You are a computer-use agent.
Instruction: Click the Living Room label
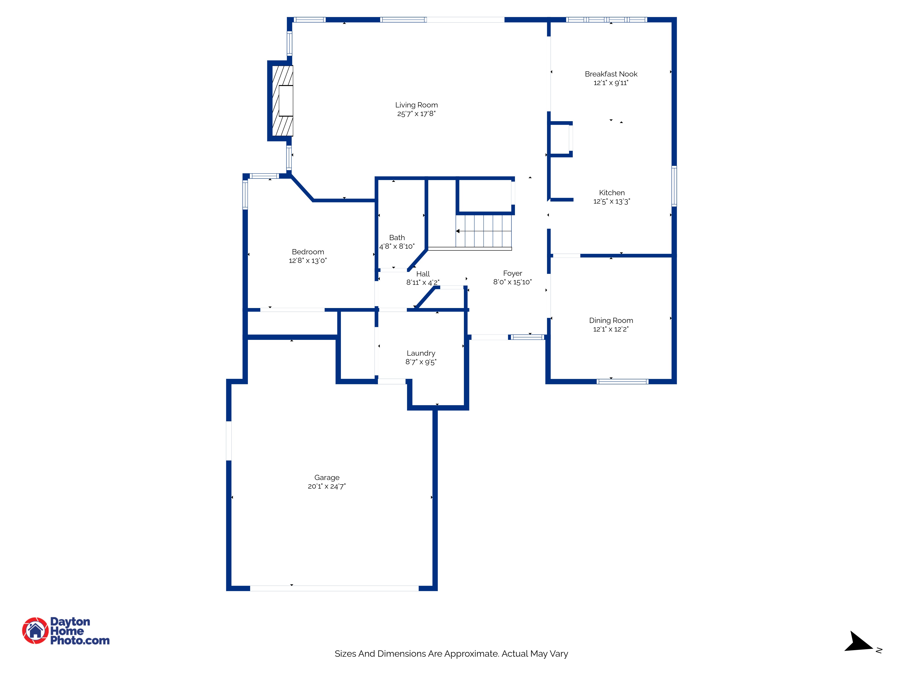coord(416,105)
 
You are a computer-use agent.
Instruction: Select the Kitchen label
coord(612,193)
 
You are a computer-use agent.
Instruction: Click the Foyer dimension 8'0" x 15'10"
coord(512,282)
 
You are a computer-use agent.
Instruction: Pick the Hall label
coord(423,274)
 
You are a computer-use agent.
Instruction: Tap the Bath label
coord(397,237)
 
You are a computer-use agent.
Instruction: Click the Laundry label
coord(421,353)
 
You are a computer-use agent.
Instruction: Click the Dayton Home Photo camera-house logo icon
coord(35,631)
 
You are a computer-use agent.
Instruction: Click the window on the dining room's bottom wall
coord(622,382)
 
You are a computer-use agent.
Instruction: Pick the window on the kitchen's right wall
coord(674,186)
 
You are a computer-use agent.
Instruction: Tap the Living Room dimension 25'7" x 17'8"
coord(416,114)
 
